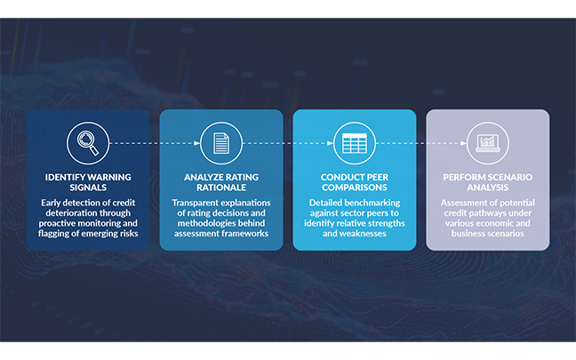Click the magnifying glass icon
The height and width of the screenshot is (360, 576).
pyautogui.click(x=88, y=141)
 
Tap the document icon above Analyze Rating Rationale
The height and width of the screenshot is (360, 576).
pyautogui.click(x=221, y=141)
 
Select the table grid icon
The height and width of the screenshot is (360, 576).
pyautogui.click(x=354, y=141)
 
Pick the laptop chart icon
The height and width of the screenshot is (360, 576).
pyautogui.click(x=487, y=141)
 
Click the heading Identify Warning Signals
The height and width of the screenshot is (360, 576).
pyautogui.click(x=88, y=182)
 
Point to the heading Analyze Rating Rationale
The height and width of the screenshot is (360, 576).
pyautogui.click(x=221, y=182)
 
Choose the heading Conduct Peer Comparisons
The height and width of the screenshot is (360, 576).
pyautogui.click(x=354, y=182)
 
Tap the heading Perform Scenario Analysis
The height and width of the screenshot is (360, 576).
pyautogui.click(x=487, y=182)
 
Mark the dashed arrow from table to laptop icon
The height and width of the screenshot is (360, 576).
pyautogui.click(x=420, y=141)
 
